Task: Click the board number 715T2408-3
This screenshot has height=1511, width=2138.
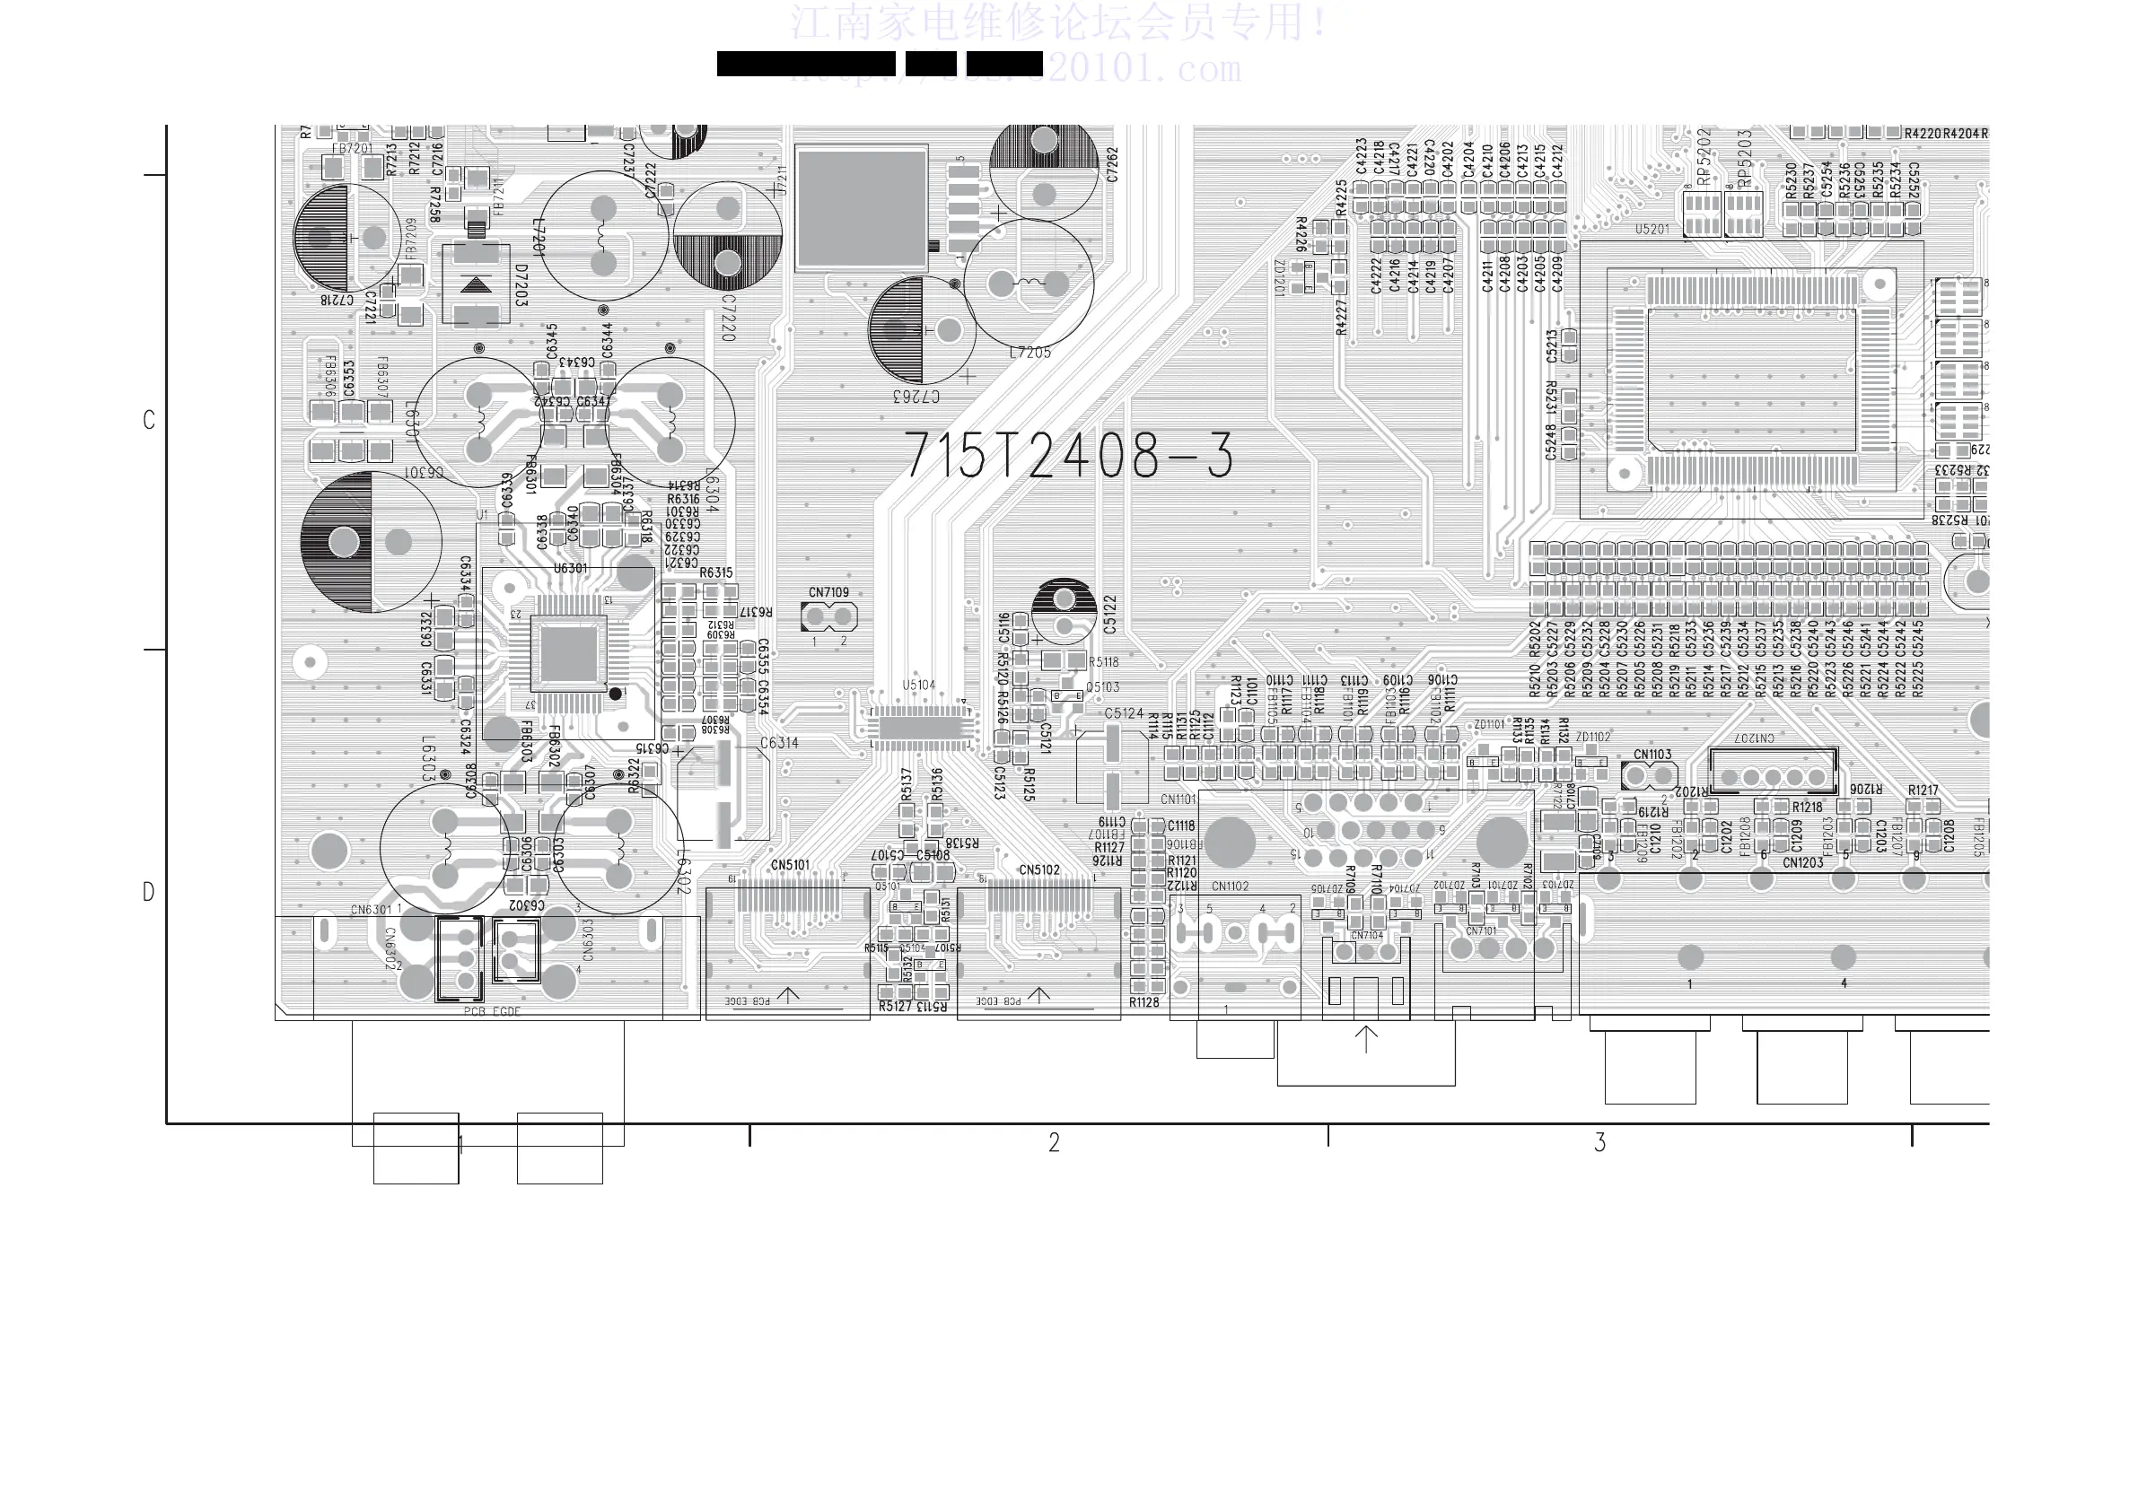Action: (x=1069, y=456)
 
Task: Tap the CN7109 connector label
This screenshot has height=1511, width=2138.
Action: (x=828, y=592)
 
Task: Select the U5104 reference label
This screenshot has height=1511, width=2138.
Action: (x=918, y=686)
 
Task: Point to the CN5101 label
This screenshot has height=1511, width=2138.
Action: (x=790, y=865)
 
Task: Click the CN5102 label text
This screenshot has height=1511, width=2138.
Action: (x=1038, y=869)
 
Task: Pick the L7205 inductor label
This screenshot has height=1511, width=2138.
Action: (x=1030, y=353)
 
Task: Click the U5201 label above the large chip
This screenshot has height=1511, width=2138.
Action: (x=1652, y=229)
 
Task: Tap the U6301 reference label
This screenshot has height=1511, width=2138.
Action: (x=570, y=568)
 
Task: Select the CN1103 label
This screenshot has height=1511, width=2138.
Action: (x=1652, y=754)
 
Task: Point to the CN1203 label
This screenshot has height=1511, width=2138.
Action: (x=1803, y=862)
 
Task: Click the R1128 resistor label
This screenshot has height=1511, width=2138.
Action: (x=1143, y=1001)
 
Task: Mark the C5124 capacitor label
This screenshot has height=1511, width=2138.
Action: (x=1123, y=713)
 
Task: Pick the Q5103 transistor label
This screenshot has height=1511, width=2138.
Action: (x=1102, y=687)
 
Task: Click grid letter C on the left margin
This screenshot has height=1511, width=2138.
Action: (x=148, y=420)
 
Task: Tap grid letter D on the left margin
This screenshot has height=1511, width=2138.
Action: (x=148, y=892)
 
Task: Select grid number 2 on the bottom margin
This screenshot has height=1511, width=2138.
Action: (x=1053, y=1142)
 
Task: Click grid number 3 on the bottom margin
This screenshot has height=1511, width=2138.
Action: (x=1599, y=1142)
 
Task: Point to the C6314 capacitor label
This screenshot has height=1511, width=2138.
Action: (x=778, y=743)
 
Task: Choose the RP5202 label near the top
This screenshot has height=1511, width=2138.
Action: (x=1704, y=155)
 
